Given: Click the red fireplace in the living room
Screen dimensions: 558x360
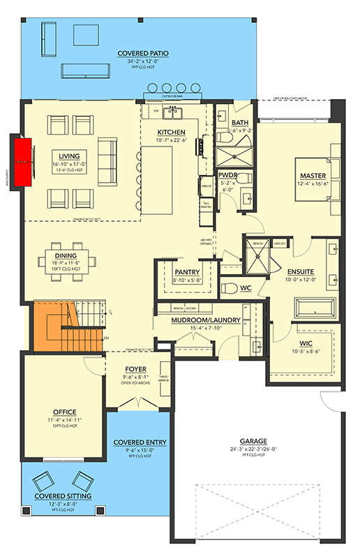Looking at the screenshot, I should click(x=23, y=161).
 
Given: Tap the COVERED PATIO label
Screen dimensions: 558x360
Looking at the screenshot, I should click(x=142, y=53).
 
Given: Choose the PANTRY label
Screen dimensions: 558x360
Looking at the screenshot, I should click(x=188, y=273).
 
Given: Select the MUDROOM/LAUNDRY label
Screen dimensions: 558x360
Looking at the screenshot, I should click(x=206, y=320).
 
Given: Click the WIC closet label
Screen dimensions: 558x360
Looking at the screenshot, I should click(x=306, y=343).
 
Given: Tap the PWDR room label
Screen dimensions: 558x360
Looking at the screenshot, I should click(x=228, y=176).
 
